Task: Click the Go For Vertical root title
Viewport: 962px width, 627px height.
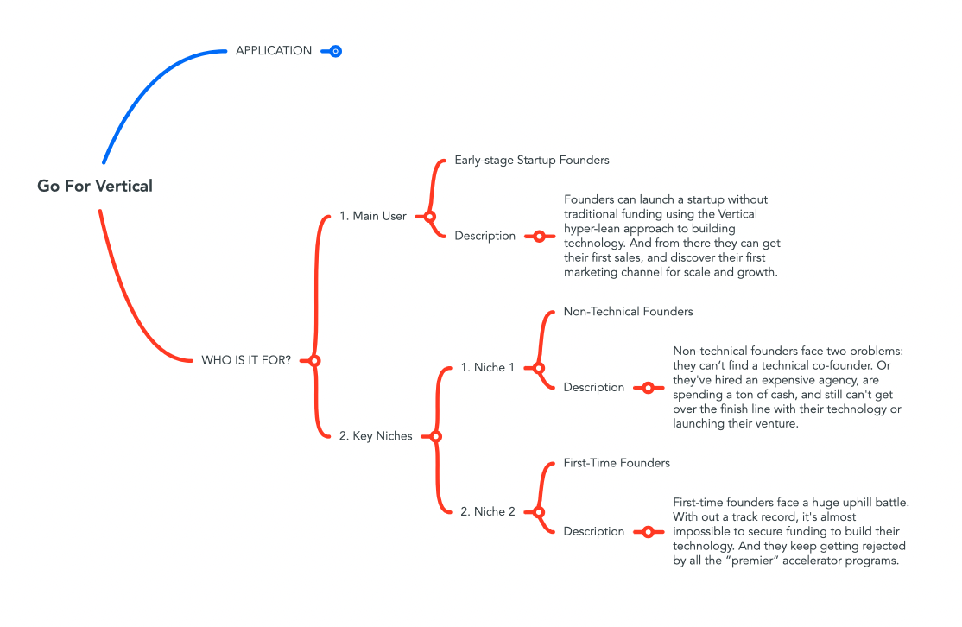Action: (x=95, y=186)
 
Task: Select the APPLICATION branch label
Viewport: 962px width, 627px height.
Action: (x=274, y=51)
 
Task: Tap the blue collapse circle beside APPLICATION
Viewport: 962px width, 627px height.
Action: (x=336, y=52)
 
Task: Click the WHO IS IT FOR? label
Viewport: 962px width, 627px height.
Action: (x=245, y=360)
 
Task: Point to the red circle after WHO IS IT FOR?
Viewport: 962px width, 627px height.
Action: (x=314, y=360)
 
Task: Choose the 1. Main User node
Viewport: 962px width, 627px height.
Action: (x=372, y=216)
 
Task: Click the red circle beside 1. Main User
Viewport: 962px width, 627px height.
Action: (x=429, y=216)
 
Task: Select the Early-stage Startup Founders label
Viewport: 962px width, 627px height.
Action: (x=532, y=161)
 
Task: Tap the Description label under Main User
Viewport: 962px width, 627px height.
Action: (x=484, y=236)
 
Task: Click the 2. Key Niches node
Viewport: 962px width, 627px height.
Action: (x=376, y=436)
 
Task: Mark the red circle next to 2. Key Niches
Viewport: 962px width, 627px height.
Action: (x=435, y=436)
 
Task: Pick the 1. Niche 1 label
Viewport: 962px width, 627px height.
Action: (x=487, y=368)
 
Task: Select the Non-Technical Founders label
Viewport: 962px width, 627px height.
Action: (x=628, y=311)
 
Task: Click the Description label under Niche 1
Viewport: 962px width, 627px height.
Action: (x=593, y=388)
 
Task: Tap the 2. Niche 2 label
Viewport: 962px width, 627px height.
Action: (x=487, y=511)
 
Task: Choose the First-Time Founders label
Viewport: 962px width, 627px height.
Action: (x=617, y=463)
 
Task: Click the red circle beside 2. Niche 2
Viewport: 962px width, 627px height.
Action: (x=539, y=511)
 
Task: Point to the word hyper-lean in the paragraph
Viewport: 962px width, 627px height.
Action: (x=594, y=229)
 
